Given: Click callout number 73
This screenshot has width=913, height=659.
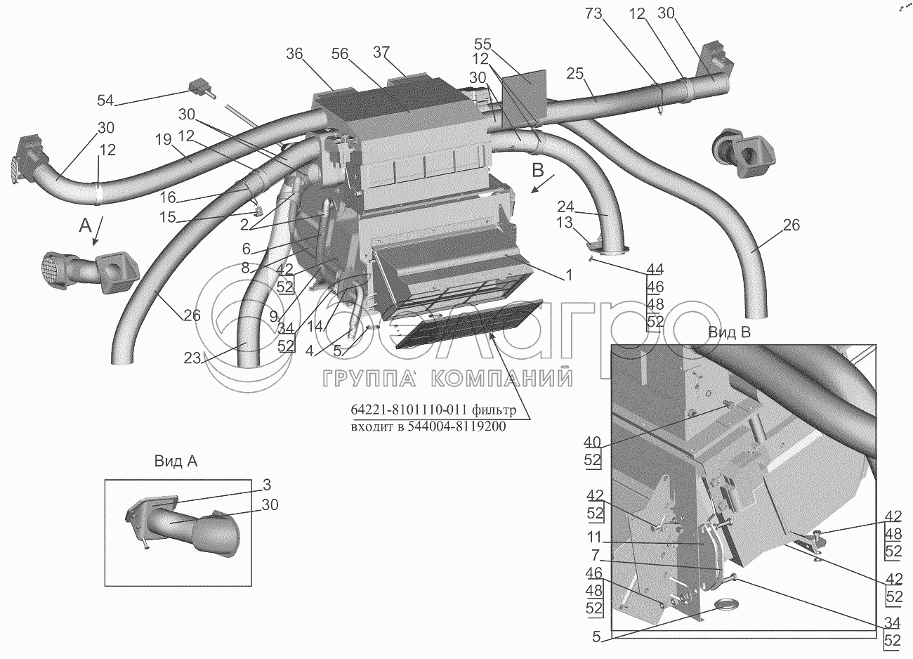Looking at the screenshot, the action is pos(593,14).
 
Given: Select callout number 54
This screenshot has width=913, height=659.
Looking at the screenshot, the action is pos(105,100).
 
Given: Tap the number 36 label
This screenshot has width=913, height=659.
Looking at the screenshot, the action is pos(294,54).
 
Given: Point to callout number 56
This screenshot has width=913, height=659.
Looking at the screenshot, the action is pos(339,54).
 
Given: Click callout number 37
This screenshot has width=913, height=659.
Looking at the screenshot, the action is pos(381,53).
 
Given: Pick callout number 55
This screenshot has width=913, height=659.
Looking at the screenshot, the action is pos(482,44).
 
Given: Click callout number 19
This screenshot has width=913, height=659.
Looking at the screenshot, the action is pos(163,140).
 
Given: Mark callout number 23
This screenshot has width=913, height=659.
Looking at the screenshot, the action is pos(192,358).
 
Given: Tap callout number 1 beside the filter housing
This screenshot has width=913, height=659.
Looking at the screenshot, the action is pos(569,275).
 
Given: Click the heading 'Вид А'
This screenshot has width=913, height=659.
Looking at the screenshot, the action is pos(176,461).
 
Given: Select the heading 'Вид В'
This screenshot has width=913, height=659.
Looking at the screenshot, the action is pos(729,332).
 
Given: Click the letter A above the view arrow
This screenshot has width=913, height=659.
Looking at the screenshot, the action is pos(85,226).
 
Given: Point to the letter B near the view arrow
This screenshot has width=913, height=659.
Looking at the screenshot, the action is pos(537,171).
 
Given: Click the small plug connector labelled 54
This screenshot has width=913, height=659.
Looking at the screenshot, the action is pos(201,89).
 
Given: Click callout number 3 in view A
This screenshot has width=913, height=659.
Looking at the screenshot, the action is pos(267,485).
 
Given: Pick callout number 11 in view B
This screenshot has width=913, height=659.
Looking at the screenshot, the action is pos(593,537).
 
